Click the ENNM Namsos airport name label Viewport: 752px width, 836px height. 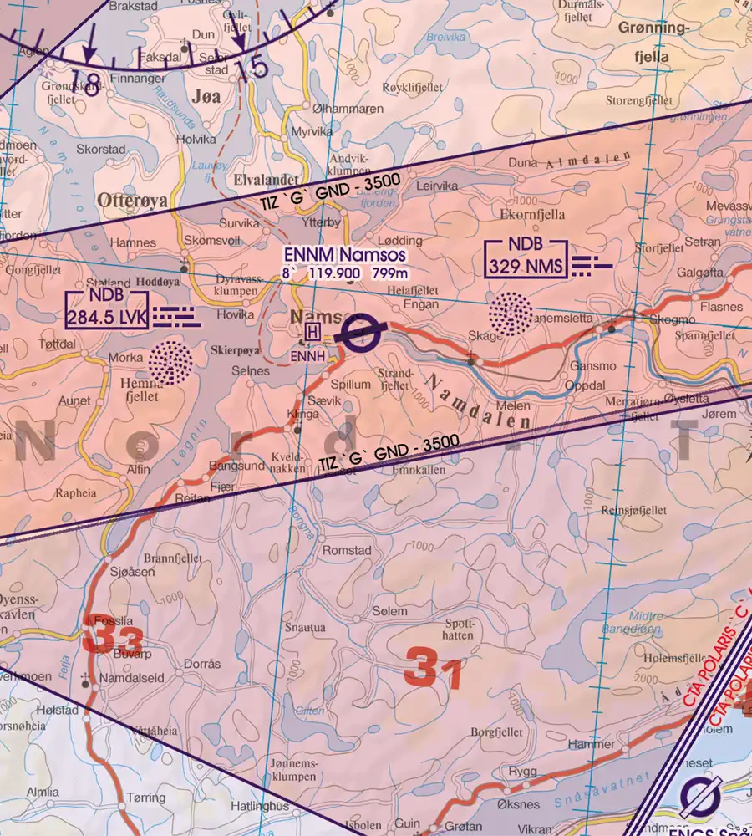(344, 255)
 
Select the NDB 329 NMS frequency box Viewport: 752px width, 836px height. (526, 260)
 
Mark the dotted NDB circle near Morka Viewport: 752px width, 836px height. (170, 362)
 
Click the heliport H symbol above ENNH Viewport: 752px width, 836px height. (312, 333)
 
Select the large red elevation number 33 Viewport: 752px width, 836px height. (113, 640)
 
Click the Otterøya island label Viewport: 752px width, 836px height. (132, 201)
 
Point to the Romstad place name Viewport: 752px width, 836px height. (347, 551)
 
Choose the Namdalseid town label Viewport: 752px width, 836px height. (131, 678)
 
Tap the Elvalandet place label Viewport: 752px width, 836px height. (267, 177)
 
